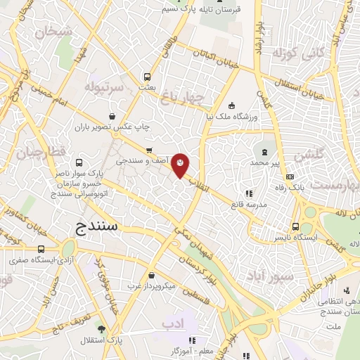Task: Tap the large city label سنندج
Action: coord(98,226)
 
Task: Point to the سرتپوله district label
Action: coord(103,88)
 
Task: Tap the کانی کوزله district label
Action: coord(301,53)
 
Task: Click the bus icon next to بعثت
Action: coord(147,77)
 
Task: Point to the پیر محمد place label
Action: coord(266,162)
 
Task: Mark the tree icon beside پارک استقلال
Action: coord(101,328)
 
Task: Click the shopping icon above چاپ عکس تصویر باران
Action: coord(112,117)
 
